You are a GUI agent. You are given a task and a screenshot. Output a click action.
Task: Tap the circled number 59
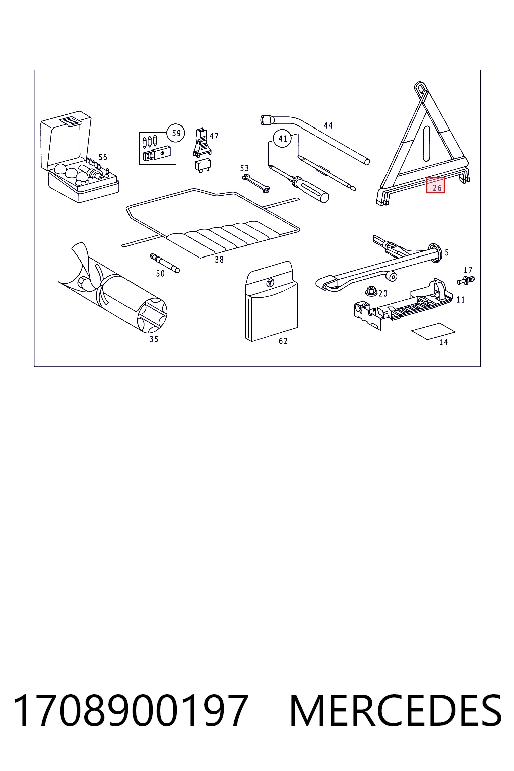coord(176,133)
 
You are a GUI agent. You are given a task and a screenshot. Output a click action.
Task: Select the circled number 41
coord(282,139)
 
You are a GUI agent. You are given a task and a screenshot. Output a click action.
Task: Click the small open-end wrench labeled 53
coord(256,183)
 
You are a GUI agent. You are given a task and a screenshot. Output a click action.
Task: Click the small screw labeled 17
coord(466,280)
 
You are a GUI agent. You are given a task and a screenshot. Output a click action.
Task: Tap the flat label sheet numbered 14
coord(433,331)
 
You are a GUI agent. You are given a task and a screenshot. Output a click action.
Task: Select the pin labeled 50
coord(165,263)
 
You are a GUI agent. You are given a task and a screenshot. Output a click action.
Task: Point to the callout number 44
coord(328,125)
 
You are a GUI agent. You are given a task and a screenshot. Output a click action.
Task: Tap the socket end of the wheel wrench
coord(267,120)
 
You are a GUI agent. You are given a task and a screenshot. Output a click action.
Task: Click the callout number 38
coord(219,260)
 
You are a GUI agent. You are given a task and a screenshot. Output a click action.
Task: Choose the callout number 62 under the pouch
coord(283,341)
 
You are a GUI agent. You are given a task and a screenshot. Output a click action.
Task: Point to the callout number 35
coord(154,339)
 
